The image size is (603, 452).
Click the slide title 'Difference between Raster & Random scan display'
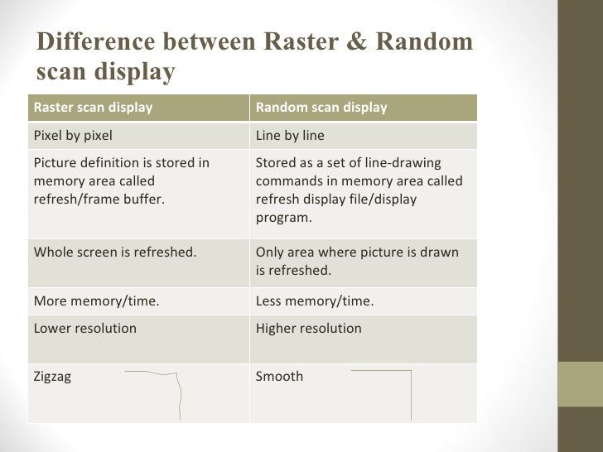pos(253,55)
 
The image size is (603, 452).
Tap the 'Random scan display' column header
pos(321,108)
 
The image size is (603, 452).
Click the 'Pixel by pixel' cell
pos(73,136)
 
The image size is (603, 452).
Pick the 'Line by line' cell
pos(290,136)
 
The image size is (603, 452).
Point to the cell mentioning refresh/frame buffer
pos(120,181)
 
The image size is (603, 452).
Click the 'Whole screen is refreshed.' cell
pos(115,252)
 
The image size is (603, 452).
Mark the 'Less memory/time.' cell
pos(315,301)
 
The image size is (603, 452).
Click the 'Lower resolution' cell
pos(84,329)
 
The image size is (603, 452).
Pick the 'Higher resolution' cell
pos(309,329)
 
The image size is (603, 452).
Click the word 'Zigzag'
pos(52,377)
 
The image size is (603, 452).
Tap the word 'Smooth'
pos(279,377)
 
